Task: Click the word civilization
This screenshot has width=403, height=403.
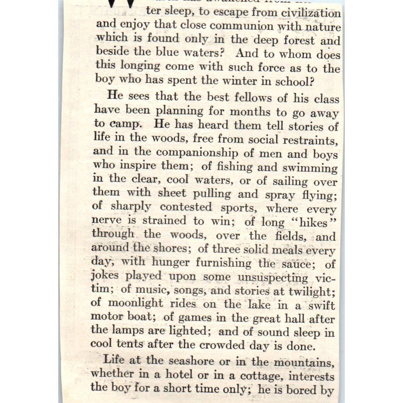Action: tap(311, 13)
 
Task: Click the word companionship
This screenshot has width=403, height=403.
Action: tap(197, 153)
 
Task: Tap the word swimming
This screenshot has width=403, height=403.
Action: tap(310, 168)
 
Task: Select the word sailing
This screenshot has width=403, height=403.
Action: tap(290, 182)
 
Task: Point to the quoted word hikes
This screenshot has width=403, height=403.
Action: tap(313, 223)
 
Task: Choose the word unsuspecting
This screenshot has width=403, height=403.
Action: tap(273, 278)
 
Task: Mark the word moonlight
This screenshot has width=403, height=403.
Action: tap(135, 303)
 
